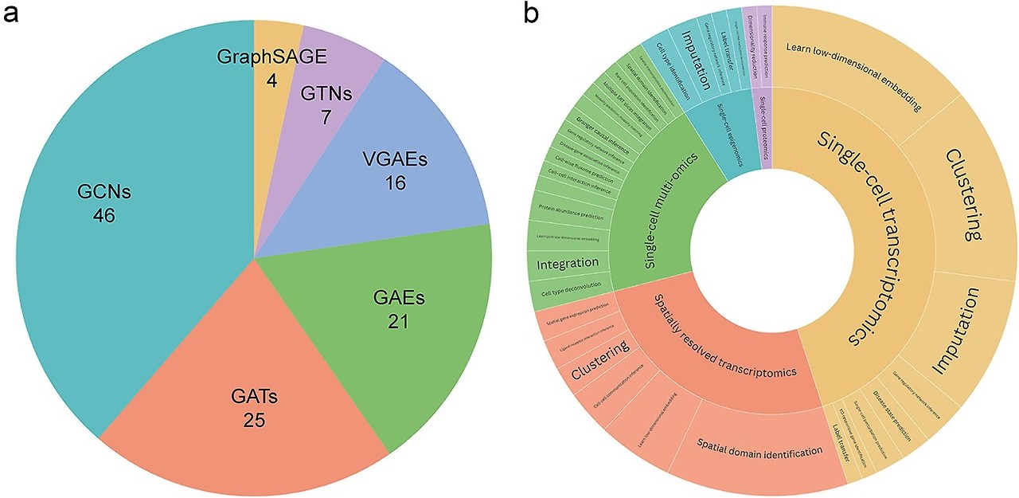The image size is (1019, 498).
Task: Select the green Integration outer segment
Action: click(568, 263)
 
